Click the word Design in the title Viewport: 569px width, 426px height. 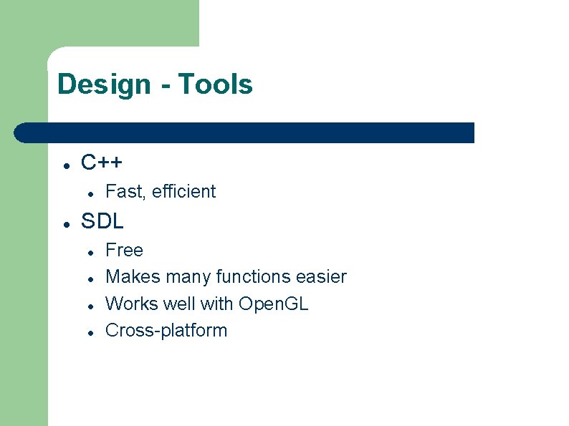click(104, 84)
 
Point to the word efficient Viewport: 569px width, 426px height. click(183, 192)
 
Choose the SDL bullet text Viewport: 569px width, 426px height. click(102, 221)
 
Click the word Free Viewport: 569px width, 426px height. click(124, 251)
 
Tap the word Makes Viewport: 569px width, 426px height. click(133, 277)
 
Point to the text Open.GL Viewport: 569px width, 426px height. click(273, 304)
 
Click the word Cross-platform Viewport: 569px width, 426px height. click(166, 331)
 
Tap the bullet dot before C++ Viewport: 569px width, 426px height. click(65, 165)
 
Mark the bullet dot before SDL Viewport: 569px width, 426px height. click(65, 223)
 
